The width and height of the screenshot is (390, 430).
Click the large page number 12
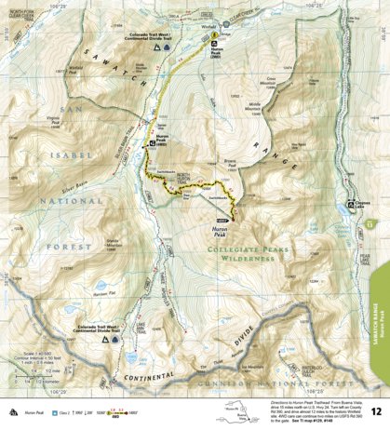pos(373,410)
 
